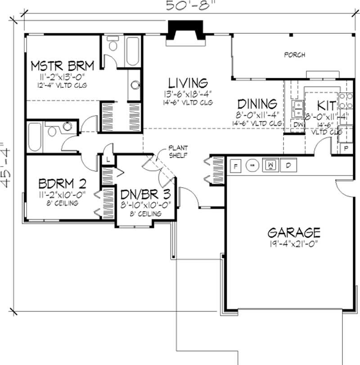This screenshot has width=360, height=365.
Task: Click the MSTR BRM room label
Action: click(x=62, y=66)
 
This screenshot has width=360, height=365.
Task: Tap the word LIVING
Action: click(x=188, y=83)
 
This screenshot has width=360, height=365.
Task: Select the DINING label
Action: click(x=257, y=104)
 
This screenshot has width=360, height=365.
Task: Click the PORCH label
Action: click(x=295, y=55)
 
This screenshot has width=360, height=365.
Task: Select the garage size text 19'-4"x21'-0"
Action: click(x=294, y=244)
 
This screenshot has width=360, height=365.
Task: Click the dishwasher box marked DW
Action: click(x=298, y=124)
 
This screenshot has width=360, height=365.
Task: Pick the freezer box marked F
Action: click(x=235, y=166)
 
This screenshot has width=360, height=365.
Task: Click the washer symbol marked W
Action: click(x=271, y=166)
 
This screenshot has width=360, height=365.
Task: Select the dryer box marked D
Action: click(x=288, y=166)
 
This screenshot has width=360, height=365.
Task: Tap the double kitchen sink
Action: click(x=298, y=108)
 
